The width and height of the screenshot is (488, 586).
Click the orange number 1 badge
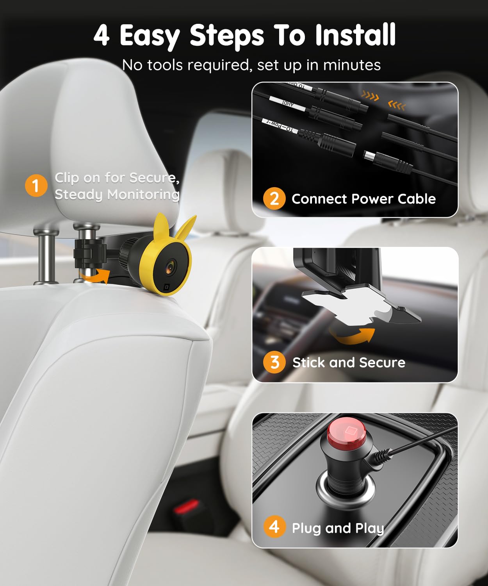click(x=36, y=186)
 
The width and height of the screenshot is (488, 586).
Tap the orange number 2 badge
click(x=274, y=198)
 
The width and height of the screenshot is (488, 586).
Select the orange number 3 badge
click(x=274, y=362)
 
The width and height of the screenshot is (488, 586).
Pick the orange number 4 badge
click(x=274, y=527)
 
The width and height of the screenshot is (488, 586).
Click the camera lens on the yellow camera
click(x=171, y=267)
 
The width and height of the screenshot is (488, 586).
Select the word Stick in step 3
click(x=309, y=363)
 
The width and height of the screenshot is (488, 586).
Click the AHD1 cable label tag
click(x=287, y=104)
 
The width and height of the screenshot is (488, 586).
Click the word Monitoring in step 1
click(x=143, y=194)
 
